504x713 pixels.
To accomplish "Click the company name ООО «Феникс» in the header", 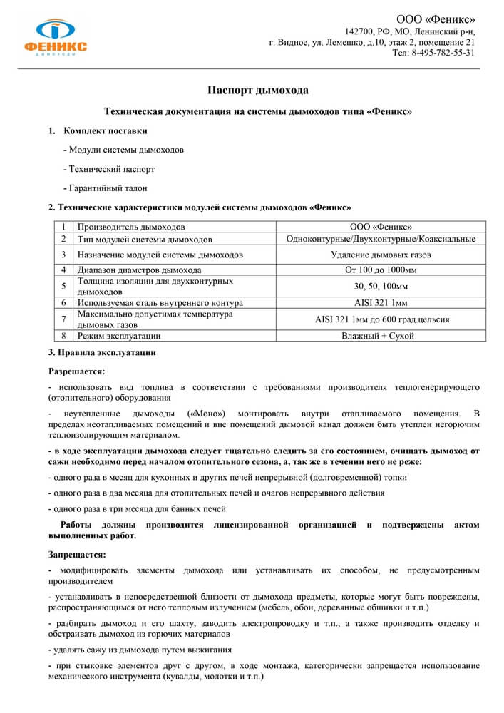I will (436, 19).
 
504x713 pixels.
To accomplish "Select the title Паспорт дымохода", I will (257, 91).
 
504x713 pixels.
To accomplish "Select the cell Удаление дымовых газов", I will (381, 254).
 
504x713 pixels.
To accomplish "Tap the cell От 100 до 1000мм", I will (381, 270).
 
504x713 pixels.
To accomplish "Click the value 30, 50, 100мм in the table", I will (381, 286).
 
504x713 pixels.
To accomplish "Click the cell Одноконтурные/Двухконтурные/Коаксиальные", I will (381, 239).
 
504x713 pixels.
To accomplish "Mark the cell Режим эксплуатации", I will (119, 335).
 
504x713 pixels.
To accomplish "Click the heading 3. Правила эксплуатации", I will (101, 353).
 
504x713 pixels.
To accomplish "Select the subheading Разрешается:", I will (76, 371).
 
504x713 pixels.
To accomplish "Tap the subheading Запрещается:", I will (77, 554).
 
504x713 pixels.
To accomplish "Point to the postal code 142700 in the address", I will (361, 32).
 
